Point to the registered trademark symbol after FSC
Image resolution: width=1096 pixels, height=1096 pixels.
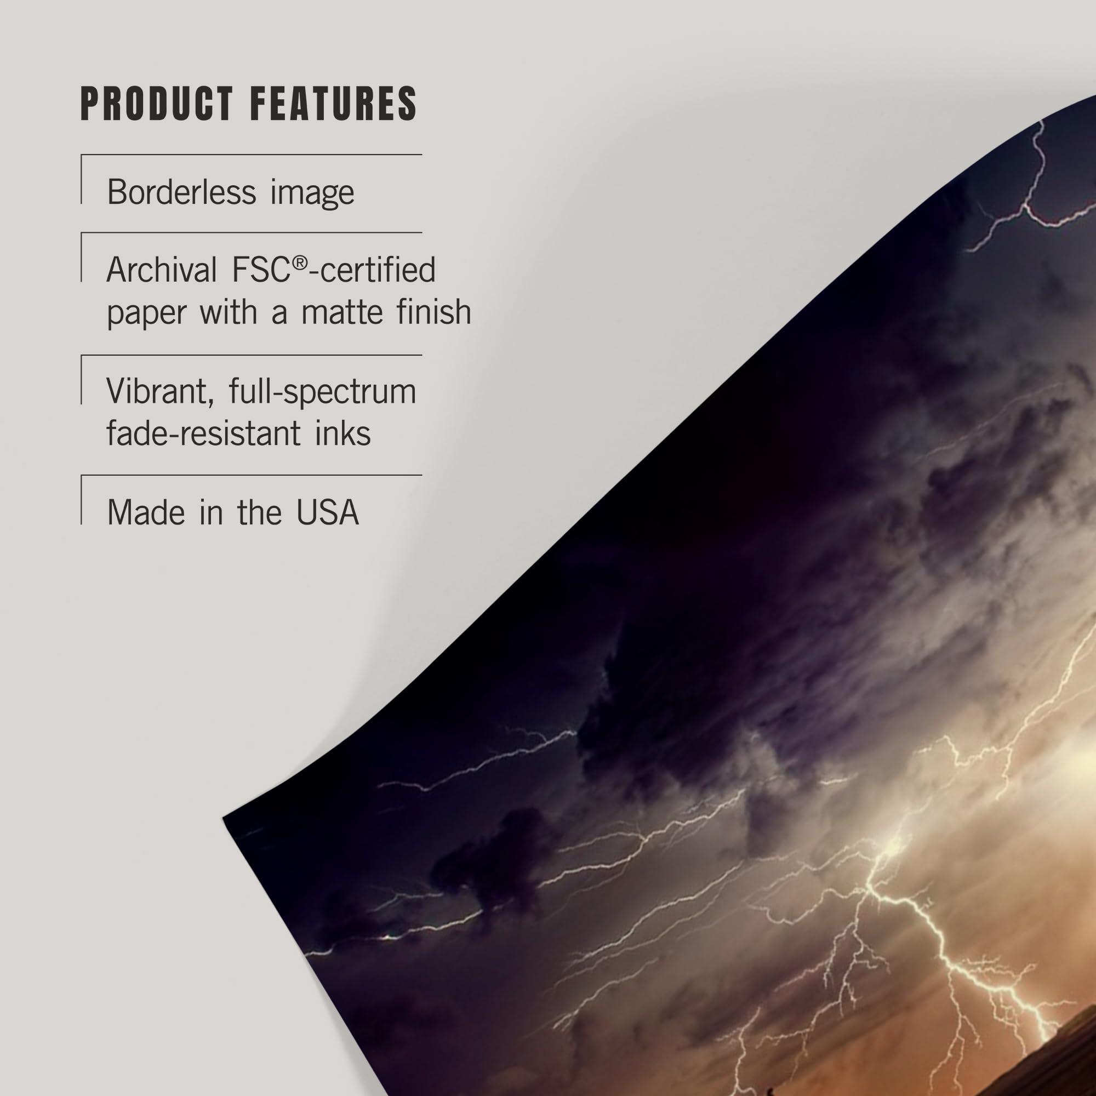click(301, 262)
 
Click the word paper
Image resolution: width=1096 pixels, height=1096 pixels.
click(146, 313)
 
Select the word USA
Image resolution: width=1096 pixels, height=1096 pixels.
click(327, 512)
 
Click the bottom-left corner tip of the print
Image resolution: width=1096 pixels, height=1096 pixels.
click(224, 818)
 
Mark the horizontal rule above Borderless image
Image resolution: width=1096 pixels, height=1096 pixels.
click(252, 155)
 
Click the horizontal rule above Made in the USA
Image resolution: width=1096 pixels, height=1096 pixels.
click(252, 475)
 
